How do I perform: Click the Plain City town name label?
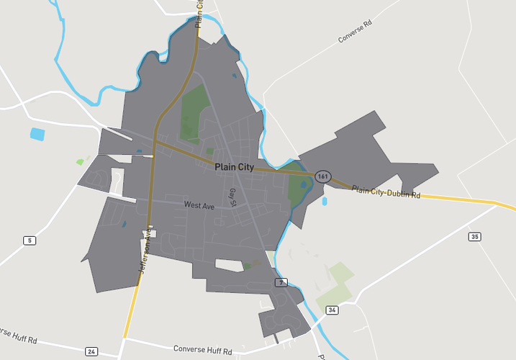coord(234,167)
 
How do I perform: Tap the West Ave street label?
coord(199,206)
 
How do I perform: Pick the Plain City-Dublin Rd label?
coord(386,191)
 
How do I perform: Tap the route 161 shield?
coord(323,176)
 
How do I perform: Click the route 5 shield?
coord(29,240)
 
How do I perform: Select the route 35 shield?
coord(474,236)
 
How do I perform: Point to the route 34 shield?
coord(331,310)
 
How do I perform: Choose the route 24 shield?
coord(91,351)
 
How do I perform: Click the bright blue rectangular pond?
coord(37,133)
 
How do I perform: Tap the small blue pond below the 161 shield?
coord(325,202)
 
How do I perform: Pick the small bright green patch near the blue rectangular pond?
coord(80,162)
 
